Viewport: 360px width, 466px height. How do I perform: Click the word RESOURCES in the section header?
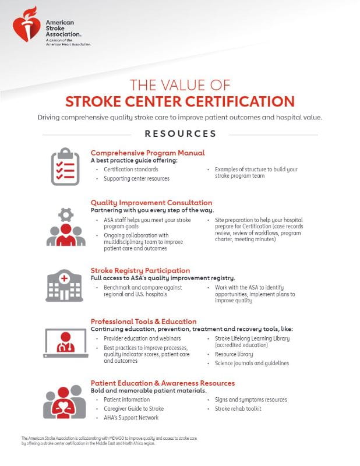[180, 133]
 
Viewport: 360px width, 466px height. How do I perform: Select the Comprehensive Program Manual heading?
[147, 153]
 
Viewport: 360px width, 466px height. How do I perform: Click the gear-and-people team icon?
[65, 227]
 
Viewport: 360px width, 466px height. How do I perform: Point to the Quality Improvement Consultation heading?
[152, 203]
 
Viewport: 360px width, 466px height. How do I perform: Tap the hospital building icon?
[65, 285]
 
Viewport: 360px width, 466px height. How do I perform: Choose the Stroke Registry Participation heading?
[140, 270]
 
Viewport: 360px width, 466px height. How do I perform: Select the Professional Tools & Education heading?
[143, 322]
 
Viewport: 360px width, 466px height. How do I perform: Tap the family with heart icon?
[65, 402]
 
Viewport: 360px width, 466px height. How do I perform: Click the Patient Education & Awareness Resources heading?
[163, 383]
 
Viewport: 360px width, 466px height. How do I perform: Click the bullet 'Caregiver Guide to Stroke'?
[133, 409]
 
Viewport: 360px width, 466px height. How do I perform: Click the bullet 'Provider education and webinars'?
[142, 338]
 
